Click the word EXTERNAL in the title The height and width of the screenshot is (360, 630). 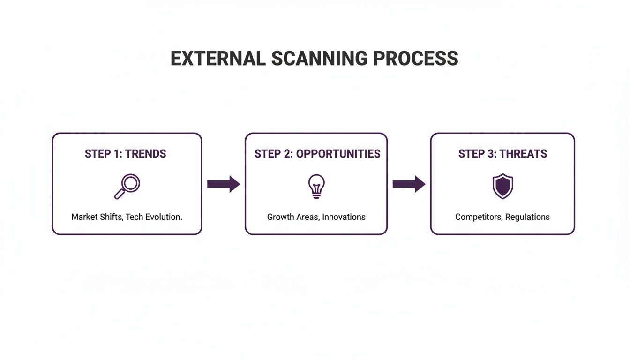[x=218, y=59]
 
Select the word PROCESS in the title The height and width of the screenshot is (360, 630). [x=416, y=59]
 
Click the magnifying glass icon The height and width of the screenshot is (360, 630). [x=127, y=186]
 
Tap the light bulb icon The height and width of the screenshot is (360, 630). [x=316, y=186]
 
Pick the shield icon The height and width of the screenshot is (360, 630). [x=502, y=186]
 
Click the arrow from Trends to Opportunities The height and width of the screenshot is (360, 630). [x=224, y=184]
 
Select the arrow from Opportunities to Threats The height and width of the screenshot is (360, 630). [x=409, y=184]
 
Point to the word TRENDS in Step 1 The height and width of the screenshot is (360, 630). [x=145, y=154]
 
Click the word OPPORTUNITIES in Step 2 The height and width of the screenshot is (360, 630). [x=338, y=154]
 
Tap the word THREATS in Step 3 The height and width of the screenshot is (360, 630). [x=523, y=154]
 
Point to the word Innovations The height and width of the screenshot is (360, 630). [x=344, y=217]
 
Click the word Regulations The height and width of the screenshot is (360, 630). [x=527, y=217]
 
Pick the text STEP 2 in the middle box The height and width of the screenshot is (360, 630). [x=274, y=154]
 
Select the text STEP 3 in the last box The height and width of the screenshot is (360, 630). [x=477, y=154]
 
